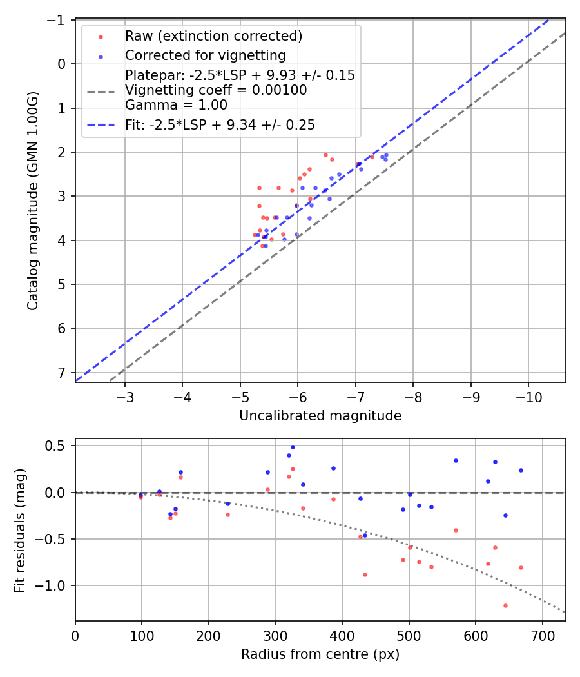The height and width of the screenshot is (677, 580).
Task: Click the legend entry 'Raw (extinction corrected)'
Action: pyautogui.click(x=213, y=35)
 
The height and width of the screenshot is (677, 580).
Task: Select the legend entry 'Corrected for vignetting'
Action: pyautogui.click(x=205, y=55)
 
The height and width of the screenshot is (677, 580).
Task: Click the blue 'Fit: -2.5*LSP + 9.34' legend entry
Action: pyautogui.click(x=220, y=125)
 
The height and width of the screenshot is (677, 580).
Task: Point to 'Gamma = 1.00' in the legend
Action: pyautogui.click(x=176, y=105)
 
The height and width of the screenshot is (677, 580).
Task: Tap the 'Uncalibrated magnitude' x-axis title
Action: pyautogui.click(x=320, y=417)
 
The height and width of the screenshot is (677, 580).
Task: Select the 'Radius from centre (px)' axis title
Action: pyautogui.click(x=320, y=654)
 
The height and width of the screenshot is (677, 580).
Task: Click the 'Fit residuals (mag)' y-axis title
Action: pyautogui.click(x=20, y=530)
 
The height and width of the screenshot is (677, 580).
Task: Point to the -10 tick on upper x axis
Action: pyautogui.click(x=528, y=396)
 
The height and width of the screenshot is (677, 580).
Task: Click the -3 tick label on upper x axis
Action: pyautogui.click(x=125, y=396)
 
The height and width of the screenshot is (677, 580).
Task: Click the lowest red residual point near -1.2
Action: pyautogui.click(x=505, y=605)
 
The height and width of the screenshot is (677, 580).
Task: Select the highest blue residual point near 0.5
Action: pyautogui.click(x=293, y=447)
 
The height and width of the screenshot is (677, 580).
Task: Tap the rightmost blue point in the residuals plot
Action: pyautogui.click(x=521, y=470)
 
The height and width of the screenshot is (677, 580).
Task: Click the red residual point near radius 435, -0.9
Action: pyautogui.click(x=365, y=574)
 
